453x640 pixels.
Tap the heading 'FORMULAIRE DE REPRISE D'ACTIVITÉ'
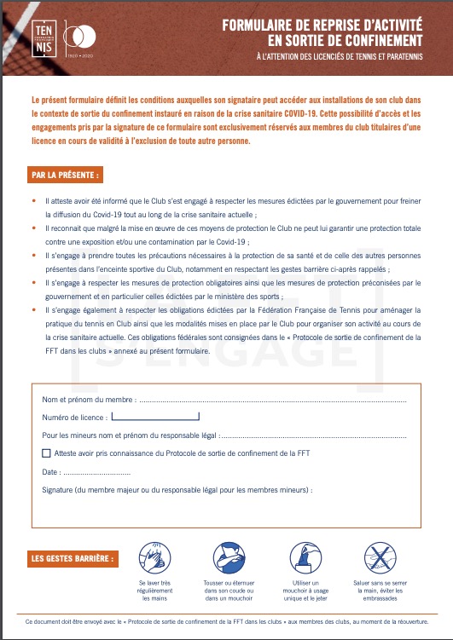pos(322,26)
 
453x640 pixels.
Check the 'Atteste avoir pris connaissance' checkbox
pos(46,453)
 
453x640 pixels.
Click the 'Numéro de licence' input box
pos(155,418)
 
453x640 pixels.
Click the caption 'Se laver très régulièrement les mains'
pos(155,591)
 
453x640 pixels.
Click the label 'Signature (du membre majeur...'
pos(177,490)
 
